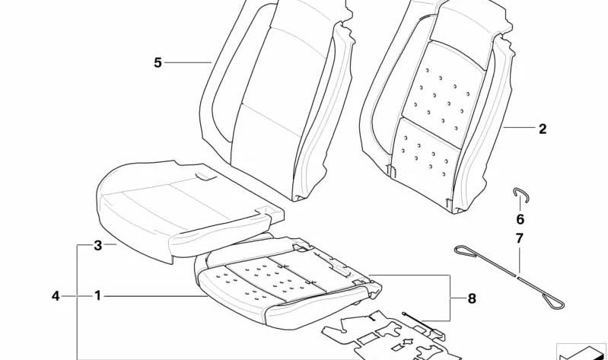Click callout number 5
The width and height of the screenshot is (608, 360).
[158, 62]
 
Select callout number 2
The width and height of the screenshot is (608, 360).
[543, 129]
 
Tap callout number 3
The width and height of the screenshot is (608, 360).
[98, 245]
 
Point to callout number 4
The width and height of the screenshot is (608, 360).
[56, 296]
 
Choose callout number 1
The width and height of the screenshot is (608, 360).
[97, 296]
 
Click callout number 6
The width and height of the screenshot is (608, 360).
[520, 219]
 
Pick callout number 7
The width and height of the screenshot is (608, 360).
[520, 238]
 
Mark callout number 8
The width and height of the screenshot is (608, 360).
[472, 298]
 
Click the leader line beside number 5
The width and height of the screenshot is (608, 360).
[188, 62]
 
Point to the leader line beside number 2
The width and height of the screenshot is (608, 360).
[519, 128]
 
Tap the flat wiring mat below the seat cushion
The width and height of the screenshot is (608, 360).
[392, 336]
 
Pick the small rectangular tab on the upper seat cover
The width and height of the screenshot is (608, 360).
[206, 177]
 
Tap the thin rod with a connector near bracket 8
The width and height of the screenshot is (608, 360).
[422, 323]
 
